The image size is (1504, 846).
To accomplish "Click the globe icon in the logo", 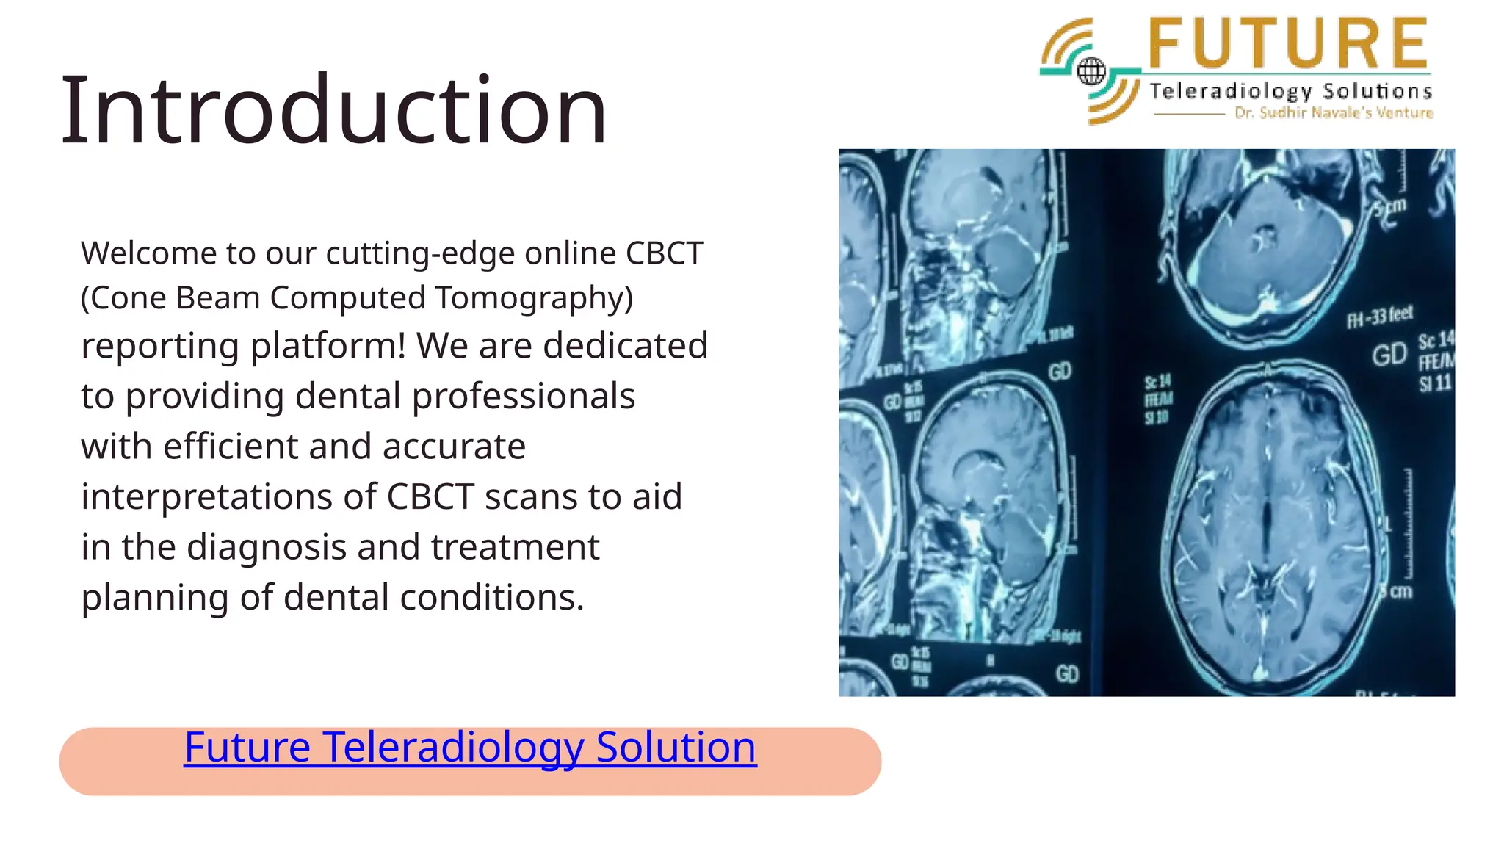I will [1091, 71].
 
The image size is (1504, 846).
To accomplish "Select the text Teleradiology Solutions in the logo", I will [1290, 91].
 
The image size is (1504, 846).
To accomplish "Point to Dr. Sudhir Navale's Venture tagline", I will [1334, 113].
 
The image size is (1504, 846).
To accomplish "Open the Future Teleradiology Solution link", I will [470, 747].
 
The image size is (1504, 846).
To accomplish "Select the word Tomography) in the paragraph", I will [534, 298].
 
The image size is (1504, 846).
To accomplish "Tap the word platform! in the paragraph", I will [328, 347].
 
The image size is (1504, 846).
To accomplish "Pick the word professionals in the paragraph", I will [523, 397].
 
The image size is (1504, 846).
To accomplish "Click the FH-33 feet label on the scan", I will [1379, 317].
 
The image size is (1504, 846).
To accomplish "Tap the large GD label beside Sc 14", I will [1389, 355].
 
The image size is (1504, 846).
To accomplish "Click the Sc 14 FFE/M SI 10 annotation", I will [1158, 399].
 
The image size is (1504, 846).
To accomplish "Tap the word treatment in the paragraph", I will [516, 548].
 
